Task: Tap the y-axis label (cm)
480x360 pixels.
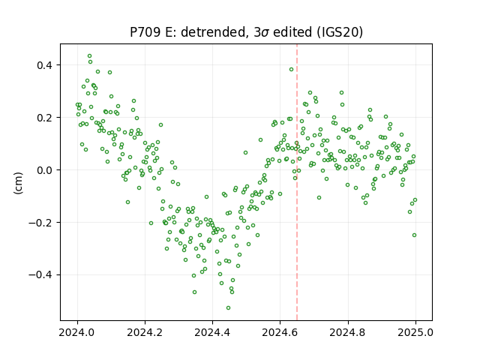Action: (18, 183)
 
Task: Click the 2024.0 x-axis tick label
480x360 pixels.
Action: (77, 332)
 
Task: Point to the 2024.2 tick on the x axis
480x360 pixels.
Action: (145, 332)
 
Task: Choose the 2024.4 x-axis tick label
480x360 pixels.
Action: (212, 332)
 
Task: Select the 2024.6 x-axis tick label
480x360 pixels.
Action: (280, 332)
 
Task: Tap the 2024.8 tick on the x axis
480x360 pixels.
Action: (348, 332)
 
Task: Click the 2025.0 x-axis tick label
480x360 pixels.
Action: (415, 332)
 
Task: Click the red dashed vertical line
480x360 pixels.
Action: (297, 182)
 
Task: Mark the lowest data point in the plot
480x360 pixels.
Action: (228, 307)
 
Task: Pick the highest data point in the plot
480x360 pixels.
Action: (89, 56)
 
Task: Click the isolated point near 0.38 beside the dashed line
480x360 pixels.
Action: (291, 70)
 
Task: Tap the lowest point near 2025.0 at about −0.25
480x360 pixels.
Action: (414, 235)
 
